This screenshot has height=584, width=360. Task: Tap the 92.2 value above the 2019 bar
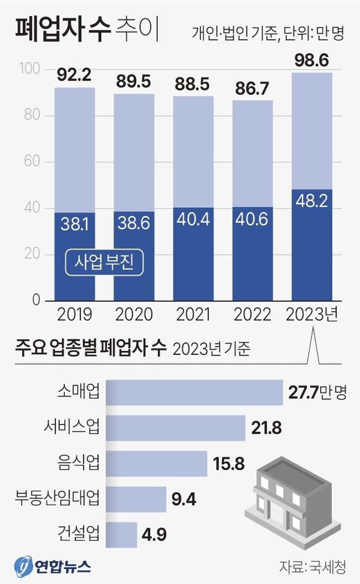click(74, 76)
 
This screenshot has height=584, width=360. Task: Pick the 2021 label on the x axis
click(193, 314)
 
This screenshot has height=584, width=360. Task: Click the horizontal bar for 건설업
click(121, 535)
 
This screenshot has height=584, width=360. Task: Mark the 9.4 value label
click(184, 499)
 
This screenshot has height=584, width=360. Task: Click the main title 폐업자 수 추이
click(87, 30)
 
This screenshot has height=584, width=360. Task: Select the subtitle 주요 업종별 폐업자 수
click(91, 348)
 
